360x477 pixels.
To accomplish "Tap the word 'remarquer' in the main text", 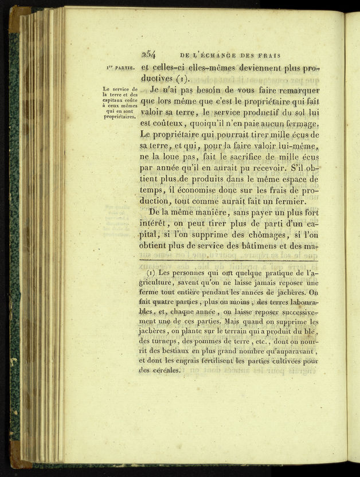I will coord(293,90).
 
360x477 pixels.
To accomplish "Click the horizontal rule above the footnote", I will coord(228,261).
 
